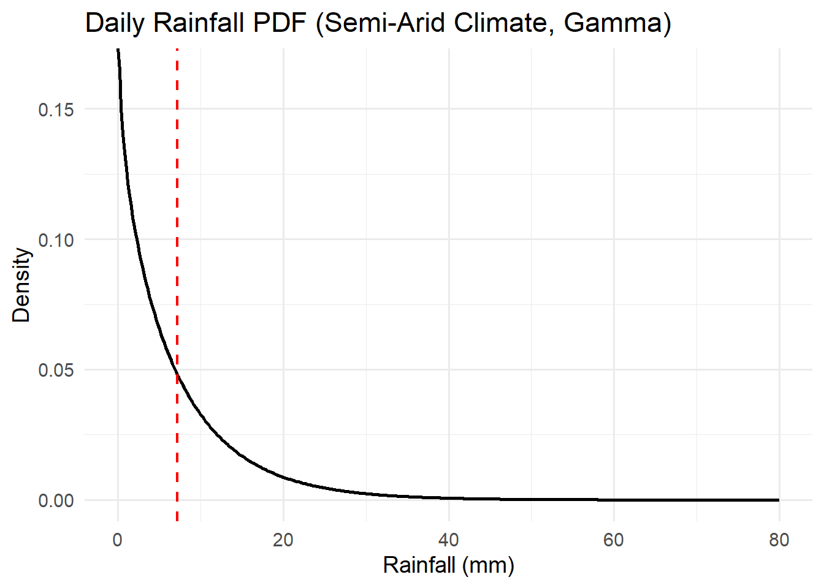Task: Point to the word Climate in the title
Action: (x=505, y=23)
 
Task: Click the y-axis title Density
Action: (x=21, y=285)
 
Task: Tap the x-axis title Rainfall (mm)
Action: (x=448, y=564)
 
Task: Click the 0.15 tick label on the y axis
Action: (x=56, y=110)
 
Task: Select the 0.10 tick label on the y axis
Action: (x=56, y=240)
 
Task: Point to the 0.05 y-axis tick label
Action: (x=56, y=371)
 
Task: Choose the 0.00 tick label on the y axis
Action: (x=56, y=501)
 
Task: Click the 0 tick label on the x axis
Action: (x=118, y=540)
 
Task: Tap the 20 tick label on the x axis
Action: (x=283, y=540)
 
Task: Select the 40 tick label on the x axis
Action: (x=449, y=540)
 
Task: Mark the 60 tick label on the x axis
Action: (x=614, y=540)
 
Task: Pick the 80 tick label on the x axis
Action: (x=779, y=540)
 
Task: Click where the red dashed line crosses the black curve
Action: (x=177, y=374)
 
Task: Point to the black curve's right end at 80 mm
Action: (x=779, y=500)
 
